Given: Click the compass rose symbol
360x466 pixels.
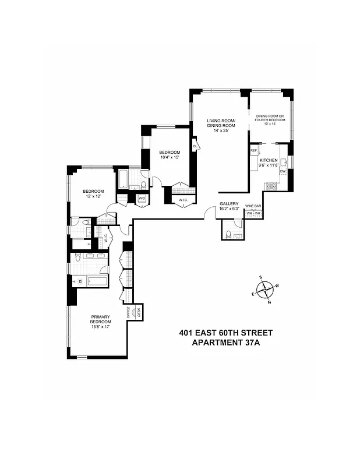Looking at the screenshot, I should [265, 289].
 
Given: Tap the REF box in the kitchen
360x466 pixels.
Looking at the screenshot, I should [254, 151].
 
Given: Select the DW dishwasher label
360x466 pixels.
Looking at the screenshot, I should [283, 171].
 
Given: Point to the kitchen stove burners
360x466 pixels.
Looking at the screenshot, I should [271, 186].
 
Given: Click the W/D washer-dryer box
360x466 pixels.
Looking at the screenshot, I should [142, 199].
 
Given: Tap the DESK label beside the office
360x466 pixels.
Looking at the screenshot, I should [139, 313].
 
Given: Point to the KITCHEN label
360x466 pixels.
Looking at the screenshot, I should [268, 160].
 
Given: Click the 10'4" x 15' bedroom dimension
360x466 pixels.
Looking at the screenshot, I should [170, 157].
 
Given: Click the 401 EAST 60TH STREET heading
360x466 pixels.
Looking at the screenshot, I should [225, 333].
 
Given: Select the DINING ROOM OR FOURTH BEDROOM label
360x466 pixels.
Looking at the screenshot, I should [271, 118].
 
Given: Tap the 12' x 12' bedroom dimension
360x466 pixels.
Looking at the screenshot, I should [93, 197].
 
